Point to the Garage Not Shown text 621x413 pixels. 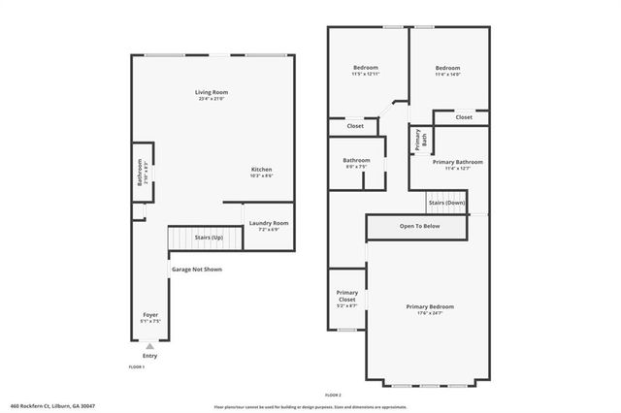tap(197, 269)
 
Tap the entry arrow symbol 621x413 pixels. tap(149, 345)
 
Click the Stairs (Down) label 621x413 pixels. tap(447, 204)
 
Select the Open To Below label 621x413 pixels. tap(419, 226)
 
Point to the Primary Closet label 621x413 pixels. tap(346, 297)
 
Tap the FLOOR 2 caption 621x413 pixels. tap(334, 396)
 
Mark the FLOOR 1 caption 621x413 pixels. tap(137, 367)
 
